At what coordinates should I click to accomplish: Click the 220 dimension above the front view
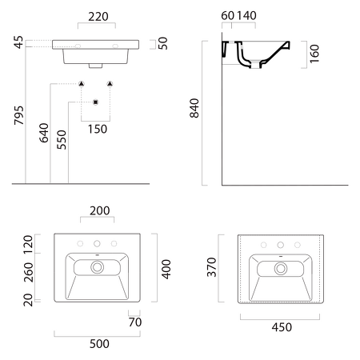[98, 17]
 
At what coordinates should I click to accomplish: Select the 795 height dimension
[19, 115]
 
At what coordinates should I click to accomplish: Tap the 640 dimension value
[44, 133]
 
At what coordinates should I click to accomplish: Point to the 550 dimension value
[62, 139]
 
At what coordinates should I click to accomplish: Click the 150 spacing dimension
[98, 129]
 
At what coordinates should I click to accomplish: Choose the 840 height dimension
[194, 108]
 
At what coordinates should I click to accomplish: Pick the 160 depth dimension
[314, 54]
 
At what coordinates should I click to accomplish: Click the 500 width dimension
[99, 344]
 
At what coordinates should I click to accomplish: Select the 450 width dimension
[282, 327]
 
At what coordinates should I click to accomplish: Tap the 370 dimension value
[212, 267]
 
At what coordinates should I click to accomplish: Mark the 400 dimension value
[166, 269]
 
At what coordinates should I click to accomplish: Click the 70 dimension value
[135, 322]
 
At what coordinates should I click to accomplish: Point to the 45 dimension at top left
[18, 42]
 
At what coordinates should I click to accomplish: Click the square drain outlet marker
[96, 102]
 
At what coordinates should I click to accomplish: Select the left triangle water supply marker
[82, 84]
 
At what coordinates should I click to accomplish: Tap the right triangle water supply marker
[110, 84]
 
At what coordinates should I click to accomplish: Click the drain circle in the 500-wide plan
[97, 267]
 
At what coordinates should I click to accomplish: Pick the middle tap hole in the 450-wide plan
[281, 245]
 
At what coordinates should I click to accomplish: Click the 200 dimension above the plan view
[100, 210]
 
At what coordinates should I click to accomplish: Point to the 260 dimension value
[28, 272]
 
